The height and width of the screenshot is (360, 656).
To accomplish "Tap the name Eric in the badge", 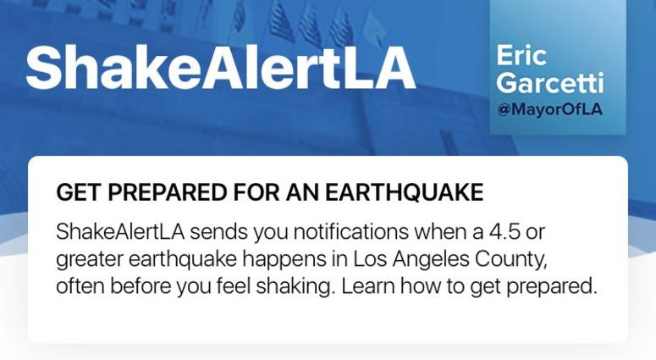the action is (x=521, y=56).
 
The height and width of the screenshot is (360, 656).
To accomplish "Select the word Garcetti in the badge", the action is (x=549, y=82).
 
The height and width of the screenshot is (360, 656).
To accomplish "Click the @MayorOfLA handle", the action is (x=549, y=109).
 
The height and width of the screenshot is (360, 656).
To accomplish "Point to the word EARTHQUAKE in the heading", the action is (x=404, y=193).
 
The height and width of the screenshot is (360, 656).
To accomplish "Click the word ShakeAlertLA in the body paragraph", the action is (x=120, y=231).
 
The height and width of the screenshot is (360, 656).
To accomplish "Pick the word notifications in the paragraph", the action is (x=350, y=231).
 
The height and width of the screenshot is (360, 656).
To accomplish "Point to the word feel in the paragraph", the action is (x=234, y=286).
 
